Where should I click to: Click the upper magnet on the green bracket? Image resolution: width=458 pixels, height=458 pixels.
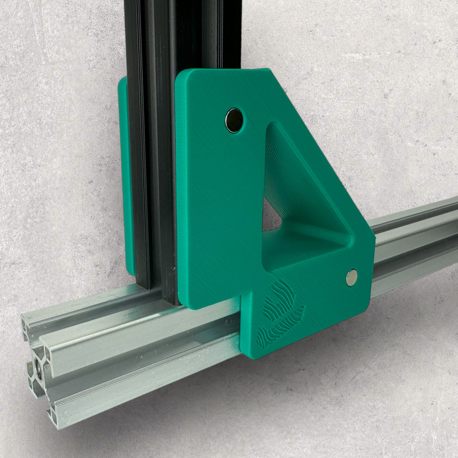coord(234,120)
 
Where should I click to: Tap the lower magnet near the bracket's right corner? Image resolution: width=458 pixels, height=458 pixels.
coord(352,277)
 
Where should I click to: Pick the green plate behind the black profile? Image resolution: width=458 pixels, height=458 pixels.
coord(124,176)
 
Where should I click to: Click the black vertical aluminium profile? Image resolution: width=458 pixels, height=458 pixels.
coord(153,139)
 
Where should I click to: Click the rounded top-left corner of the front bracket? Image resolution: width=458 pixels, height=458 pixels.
coord(181,76)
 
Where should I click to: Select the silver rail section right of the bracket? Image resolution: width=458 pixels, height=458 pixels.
coord(416,245)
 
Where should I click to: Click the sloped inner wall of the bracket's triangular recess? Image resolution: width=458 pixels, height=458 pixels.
coord(296,185)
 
